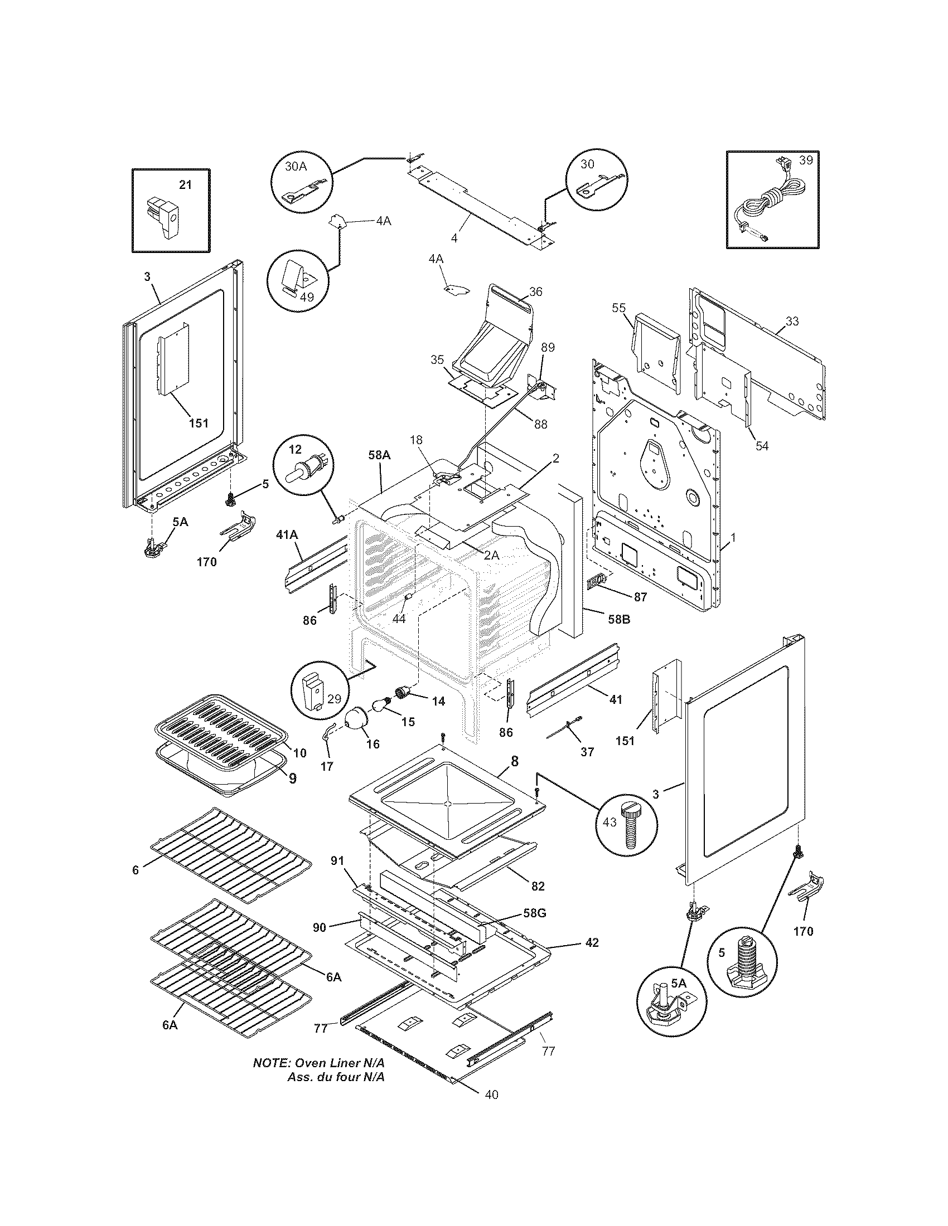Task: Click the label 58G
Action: pos(534,913)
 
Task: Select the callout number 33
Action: pos(792,322)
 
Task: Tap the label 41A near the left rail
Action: pos(287,536)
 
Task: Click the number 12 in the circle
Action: pos(296,449)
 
